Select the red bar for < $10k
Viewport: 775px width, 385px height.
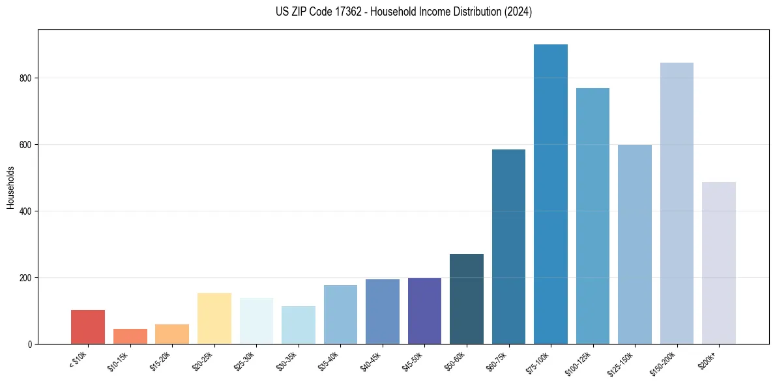pos(88,327)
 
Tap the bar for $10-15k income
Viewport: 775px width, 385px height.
pos(130,336)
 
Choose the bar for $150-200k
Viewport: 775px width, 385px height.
pos(677,203)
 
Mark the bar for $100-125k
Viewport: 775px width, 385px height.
pos(592,216)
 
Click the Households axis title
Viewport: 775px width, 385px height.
pos(10,187)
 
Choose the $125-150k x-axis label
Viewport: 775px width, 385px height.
pos(623,363)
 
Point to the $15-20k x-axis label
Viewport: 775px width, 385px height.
pos(162,362)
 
